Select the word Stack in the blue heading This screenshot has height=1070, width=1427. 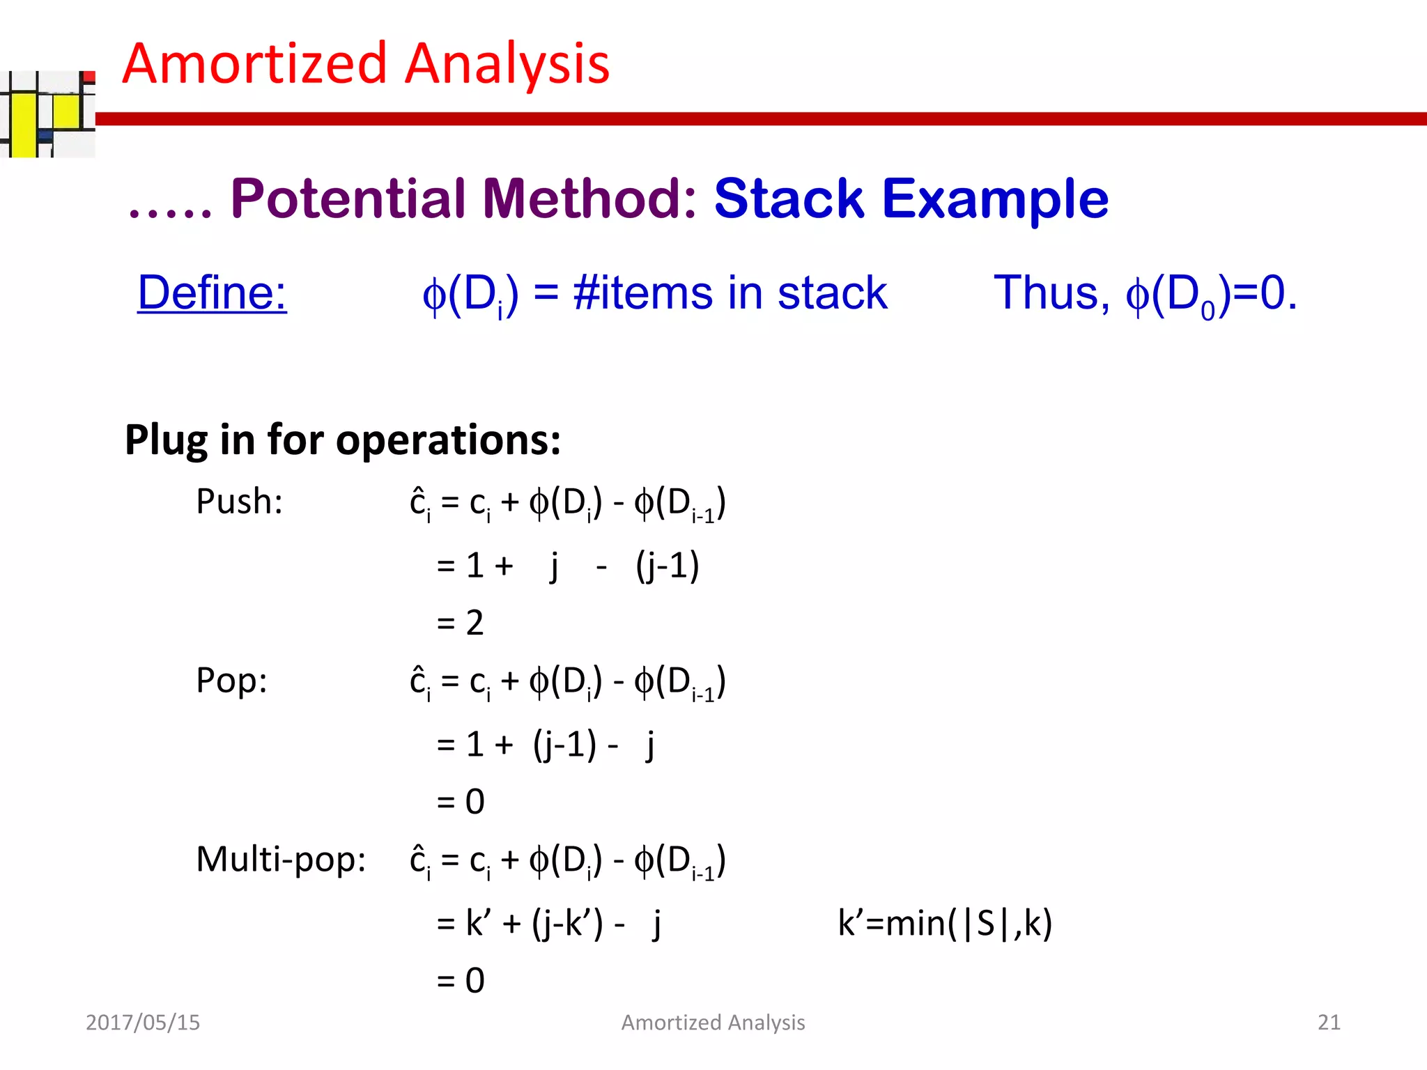789,199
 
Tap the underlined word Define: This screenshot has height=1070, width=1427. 212,293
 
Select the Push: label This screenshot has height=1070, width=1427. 239,502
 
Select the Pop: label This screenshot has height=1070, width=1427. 231,681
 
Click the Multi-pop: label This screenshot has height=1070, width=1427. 281,860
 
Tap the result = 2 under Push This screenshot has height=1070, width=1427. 460,623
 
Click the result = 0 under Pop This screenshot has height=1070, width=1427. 460,802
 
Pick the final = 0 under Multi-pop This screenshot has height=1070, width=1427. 460,981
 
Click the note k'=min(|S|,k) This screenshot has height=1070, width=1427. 944,924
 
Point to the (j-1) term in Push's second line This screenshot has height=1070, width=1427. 667,566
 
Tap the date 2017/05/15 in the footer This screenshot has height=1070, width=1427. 143,1023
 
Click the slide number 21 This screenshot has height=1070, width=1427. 1329,1023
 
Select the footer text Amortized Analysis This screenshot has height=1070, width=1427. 713,1023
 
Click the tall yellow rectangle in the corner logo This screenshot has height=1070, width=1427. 24,125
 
